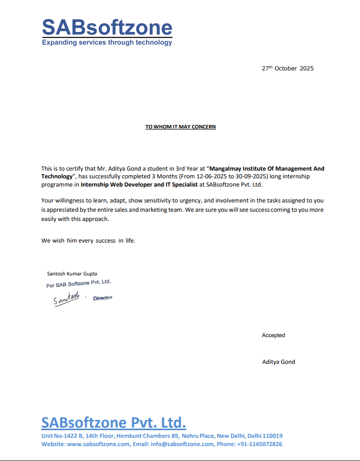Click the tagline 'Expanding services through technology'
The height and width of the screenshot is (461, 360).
coord(107,43)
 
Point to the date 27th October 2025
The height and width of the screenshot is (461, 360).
coord(287,68)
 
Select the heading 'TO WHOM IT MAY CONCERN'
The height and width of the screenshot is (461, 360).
coord(181,127)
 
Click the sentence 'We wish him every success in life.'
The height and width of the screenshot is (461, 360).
coord(88,241)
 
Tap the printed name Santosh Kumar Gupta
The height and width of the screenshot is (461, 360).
coord(72,273)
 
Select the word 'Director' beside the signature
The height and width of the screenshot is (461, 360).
coord(102,298)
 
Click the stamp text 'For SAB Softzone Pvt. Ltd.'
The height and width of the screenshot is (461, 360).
coord(78,283)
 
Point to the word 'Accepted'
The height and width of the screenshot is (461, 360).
coord(273,335)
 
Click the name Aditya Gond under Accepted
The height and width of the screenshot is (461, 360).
coord(279,362)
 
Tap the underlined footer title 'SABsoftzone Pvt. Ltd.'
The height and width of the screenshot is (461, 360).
coord(113,423)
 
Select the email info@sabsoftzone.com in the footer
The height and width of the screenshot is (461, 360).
coord(182,444)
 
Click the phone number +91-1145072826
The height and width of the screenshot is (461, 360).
coord(260,444)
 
